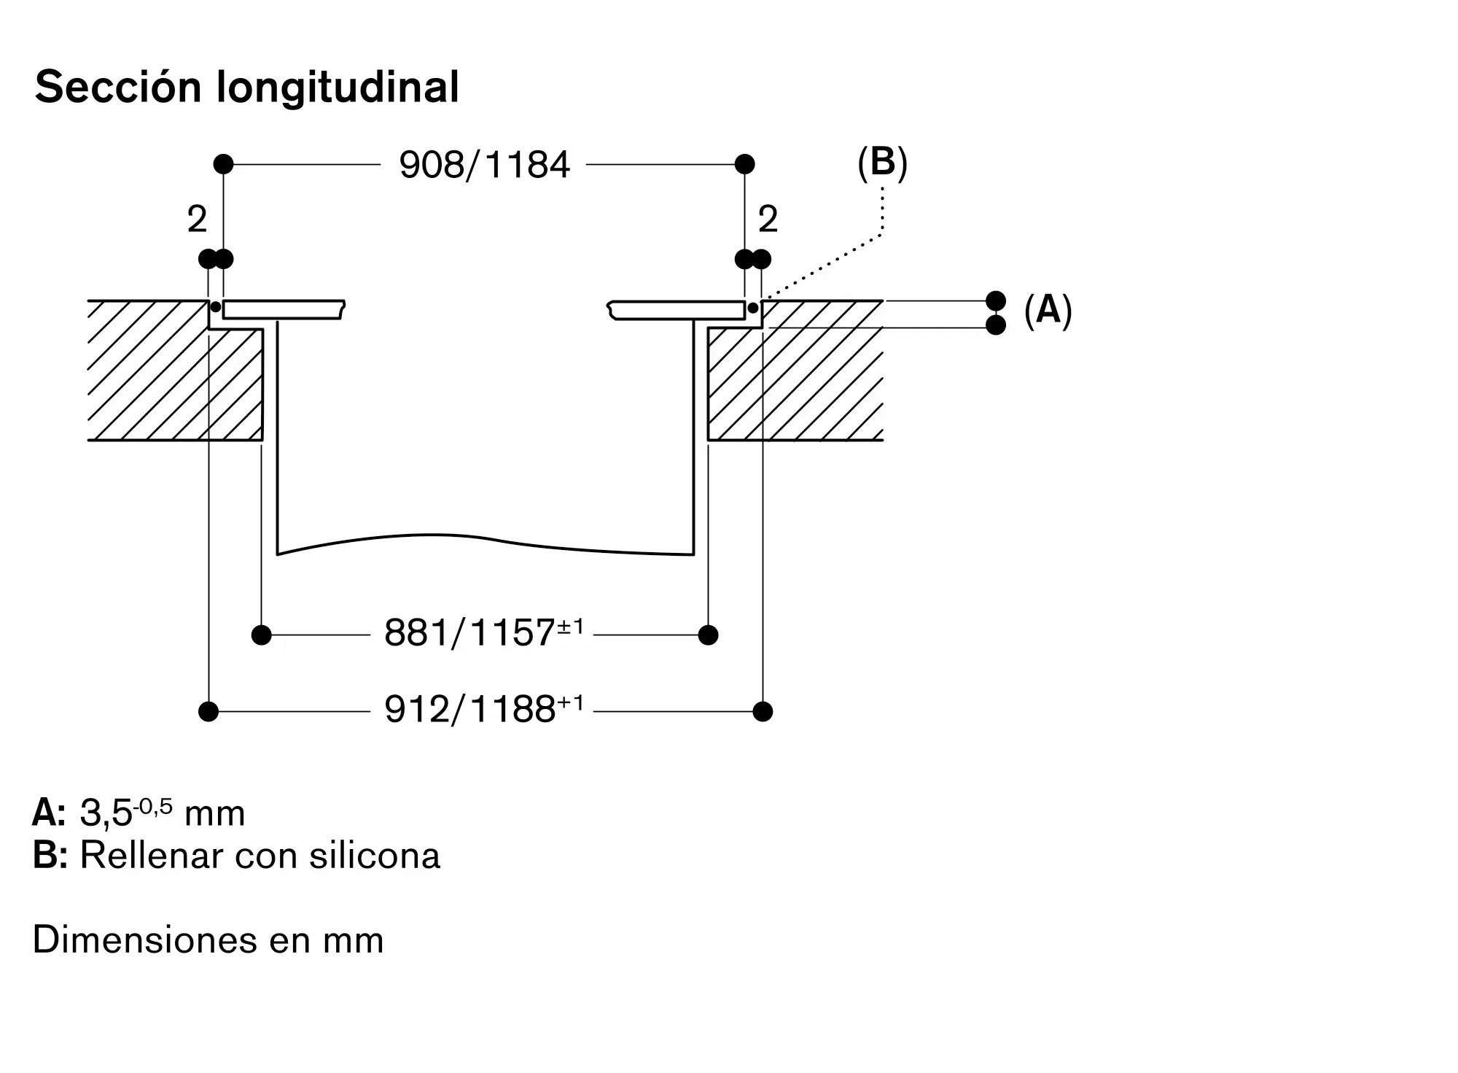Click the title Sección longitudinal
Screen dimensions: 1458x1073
247,88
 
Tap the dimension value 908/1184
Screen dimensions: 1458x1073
484,165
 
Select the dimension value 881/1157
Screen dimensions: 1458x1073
469,633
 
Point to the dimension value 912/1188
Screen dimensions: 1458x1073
469,709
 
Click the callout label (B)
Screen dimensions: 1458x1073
882,162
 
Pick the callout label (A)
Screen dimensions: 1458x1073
1048,310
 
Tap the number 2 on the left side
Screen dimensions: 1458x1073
197,220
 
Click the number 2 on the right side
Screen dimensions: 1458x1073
768,220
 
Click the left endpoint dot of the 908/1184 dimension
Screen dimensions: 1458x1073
223,164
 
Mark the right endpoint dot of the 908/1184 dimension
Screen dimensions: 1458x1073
744,164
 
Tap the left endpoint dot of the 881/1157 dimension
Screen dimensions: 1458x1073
261,635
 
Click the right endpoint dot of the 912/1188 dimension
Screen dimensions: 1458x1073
763,711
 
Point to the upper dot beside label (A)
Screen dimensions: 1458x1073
995,301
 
